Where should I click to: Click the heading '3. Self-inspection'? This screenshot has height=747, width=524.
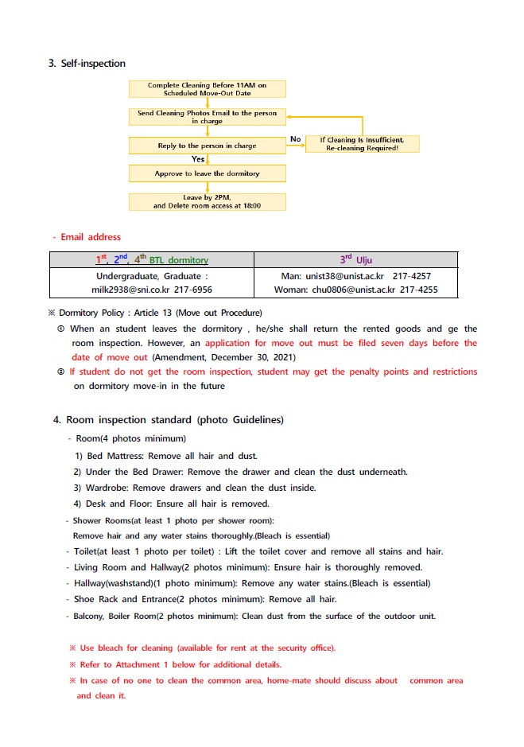coord(87,64)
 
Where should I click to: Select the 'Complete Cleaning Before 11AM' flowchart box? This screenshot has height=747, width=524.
coord(207,88)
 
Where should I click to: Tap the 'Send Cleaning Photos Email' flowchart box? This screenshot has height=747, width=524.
coord(207,117)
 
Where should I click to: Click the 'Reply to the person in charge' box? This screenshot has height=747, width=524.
coord(207,146)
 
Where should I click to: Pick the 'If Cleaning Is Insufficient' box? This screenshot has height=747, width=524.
coord(362,144)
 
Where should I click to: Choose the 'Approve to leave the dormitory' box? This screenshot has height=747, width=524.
coord(207,173)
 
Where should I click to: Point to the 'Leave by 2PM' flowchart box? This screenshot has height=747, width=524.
coord(207,201)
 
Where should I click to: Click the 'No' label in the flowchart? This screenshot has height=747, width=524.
coord(296,139)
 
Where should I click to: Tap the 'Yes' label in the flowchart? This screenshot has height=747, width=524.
coord(198,159)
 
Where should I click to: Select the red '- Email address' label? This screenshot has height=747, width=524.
coord(87,236)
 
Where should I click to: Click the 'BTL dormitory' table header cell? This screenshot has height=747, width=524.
coord(151,260)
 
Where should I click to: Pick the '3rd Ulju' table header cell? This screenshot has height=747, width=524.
coord(355,260)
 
